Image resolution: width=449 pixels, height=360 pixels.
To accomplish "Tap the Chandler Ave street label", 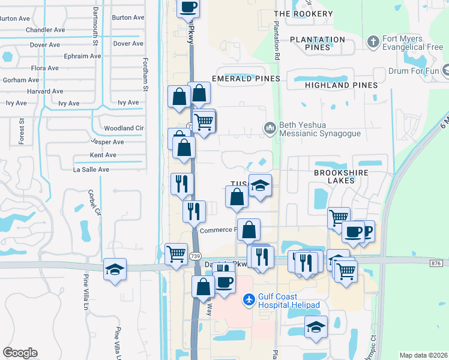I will tap(45, 30).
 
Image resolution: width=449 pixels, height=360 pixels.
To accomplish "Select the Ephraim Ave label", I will tap(82, 56).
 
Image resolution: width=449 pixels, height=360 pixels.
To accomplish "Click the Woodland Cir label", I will tap(124, 128).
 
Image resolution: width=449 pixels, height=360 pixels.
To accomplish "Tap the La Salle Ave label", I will tap(91, 170).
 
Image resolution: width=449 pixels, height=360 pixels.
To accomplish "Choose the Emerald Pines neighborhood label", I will tap(246, 79).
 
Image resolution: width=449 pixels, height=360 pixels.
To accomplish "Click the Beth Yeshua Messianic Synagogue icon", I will tap(270, 128).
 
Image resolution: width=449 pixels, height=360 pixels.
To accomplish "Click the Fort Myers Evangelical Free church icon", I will tap(373, 41).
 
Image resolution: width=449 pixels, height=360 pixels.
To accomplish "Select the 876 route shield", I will tap(436, 263).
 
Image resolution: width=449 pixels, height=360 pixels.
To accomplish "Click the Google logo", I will tap(20, 353).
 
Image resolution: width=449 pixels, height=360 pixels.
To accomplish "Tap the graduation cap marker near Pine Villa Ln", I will tap(115, 271).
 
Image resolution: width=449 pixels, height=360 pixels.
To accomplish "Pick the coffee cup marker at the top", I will tap(188, 8).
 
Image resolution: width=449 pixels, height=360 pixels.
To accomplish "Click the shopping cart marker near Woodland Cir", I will tap(204, 122).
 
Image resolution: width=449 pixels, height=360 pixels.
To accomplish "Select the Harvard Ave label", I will tap(45, 92).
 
